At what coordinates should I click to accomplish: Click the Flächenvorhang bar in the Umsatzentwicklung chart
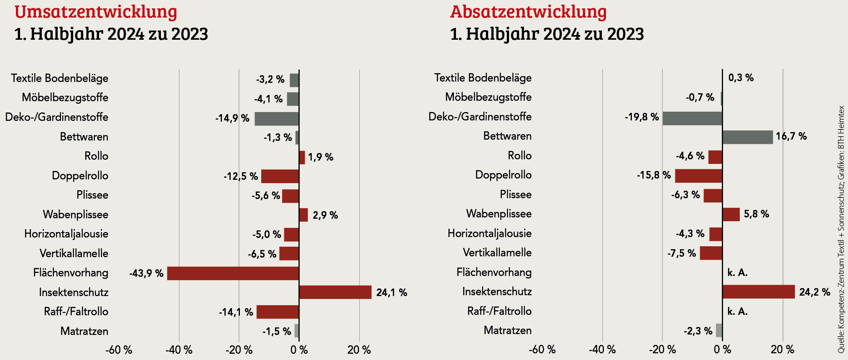click(233, 273)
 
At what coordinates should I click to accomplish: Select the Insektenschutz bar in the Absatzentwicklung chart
click(758, 291)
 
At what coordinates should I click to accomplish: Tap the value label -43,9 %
click(146, 273)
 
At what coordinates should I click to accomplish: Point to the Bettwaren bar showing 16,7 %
click(747, 137)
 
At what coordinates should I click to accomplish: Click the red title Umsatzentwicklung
click(96, 12)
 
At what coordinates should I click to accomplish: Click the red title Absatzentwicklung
click(528, 12)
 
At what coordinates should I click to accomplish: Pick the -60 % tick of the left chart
click(119, 350)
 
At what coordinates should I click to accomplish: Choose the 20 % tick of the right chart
click(782, 349)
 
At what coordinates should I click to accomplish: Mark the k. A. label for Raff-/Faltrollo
click(737, 311)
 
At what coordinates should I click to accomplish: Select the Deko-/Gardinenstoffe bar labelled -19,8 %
click(692, 118)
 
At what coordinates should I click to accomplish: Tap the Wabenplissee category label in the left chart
click(76, 214)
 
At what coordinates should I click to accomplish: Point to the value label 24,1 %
click(392, 292)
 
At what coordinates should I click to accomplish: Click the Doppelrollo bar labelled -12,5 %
click(280, 176)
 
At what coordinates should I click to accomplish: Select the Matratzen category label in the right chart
click(507, 330)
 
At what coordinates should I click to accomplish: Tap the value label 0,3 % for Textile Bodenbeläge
click(741, 78)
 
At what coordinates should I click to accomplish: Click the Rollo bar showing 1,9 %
click(302, 157)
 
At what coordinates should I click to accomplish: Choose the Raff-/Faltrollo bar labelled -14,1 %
click(278, 312)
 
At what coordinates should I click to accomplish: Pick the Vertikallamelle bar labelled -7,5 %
click(710, 253)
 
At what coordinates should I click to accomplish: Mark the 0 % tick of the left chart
click(299, 350)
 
